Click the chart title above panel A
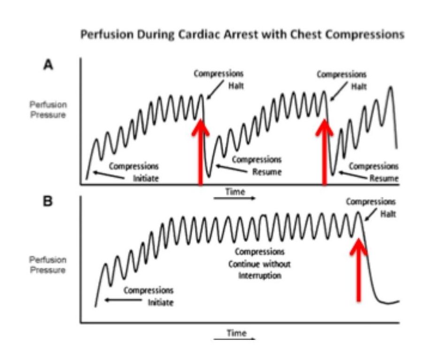[243, 35]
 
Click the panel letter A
[48, 66]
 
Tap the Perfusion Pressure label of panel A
[48, 110]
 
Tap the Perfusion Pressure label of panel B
[48, 265]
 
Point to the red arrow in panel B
[358, 270]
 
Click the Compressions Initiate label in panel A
[134, 172]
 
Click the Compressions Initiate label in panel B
[148, 296]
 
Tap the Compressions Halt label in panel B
[371, 207]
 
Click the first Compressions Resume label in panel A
[257, 166]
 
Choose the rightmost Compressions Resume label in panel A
[373, 172]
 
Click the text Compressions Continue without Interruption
[259, 263]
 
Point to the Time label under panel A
[235, 192]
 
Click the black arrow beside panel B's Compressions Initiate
[123, 300]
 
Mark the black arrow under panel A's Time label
[235, 199]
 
